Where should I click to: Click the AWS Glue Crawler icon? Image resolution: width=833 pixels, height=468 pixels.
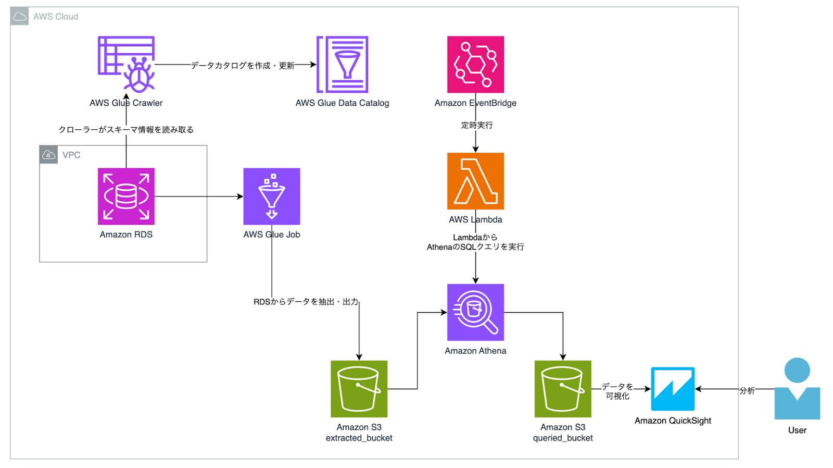(x=126, y=64)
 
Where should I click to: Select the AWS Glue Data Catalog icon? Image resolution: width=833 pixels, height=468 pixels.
(x=343, y=64)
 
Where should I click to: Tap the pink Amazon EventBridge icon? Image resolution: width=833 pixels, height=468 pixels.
(x=475, y=64)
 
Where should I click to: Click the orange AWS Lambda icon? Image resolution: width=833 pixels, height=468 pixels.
(x=475, y=181)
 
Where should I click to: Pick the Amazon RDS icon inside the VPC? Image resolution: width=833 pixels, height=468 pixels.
(x=126, y=196)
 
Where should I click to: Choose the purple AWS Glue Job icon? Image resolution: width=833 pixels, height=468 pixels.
(x=272, y=196)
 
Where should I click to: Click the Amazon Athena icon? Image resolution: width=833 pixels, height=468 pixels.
(x=475, y=312)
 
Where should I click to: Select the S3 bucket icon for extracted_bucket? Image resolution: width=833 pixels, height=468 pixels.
(x=359, y=389)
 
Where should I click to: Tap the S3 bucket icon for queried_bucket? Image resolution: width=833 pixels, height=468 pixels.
(x=563, y=389)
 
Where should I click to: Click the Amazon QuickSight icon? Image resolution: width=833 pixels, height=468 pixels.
(x=673, y=389)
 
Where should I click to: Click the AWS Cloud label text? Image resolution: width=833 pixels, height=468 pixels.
(x=56, y=17)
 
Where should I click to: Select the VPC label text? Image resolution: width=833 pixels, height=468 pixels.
(x=71, y=155)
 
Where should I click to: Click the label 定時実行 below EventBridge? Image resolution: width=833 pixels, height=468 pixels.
(x=477, y=125)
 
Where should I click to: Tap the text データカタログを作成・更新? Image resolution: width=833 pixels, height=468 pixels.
(x=243, y=65)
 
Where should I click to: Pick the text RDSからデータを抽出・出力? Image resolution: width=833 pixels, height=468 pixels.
(x=306, y=302)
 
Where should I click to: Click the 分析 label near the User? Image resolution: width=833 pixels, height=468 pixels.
(x=747, y=390)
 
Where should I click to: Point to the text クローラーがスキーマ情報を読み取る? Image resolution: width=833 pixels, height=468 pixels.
(x=126, y=130)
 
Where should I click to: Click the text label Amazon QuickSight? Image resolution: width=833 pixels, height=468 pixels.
(x=673, y=421)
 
